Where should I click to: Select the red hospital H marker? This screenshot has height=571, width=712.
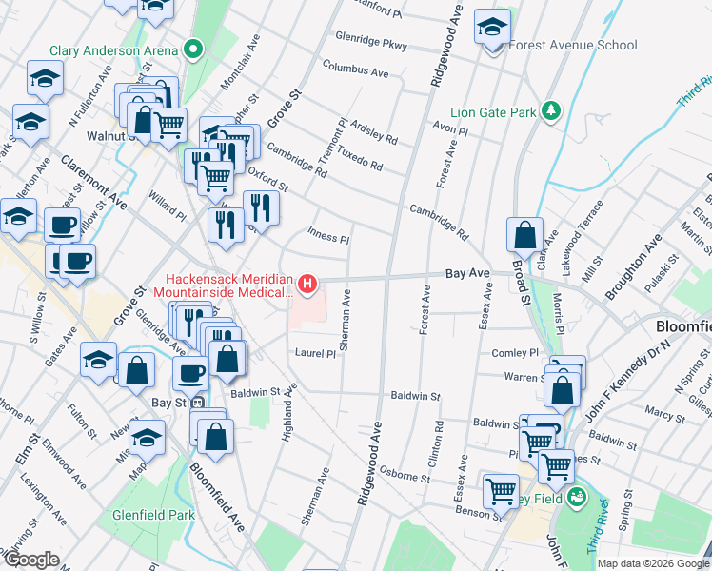coord(307,283)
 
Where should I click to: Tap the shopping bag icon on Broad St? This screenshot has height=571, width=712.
coord(524,234)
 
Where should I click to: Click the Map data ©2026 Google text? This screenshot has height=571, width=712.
coord(652,563)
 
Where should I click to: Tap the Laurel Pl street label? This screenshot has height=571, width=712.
coord(315,353)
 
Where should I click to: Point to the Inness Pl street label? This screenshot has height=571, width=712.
coord(328,235)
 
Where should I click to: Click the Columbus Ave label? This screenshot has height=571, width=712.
coord(355,69)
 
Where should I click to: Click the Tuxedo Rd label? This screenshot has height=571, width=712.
coord(361,159)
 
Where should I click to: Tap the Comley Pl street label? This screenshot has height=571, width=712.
coord(515,353)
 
